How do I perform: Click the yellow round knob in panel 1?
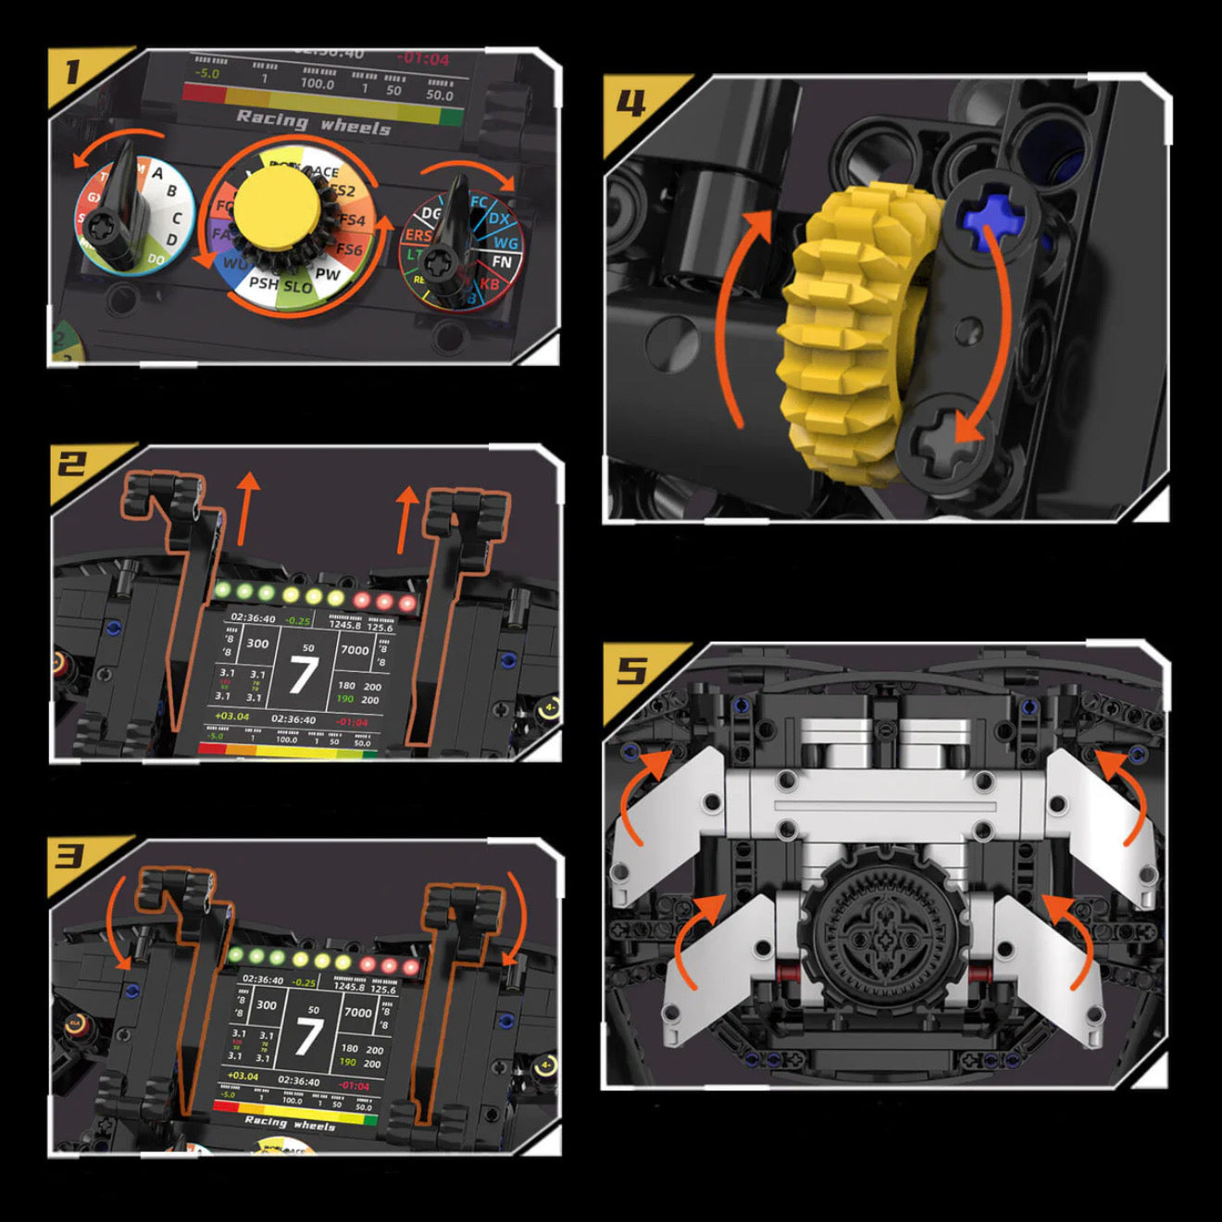(x=278, y=209)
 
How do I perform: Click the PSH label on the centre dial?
(x=264, y=282)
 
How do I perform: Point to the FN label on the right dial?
(x=502, y=262)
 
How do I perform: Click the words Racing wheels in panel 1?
(x=313, y=122)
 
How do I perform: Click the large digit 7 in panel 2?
(x=303, y=675)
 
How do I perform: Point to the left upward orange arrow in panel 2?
(x=246, y=507)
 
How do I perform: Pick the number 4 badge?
(x=631, y=103)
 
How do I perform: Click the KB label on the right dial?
(x=489, y=284)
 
